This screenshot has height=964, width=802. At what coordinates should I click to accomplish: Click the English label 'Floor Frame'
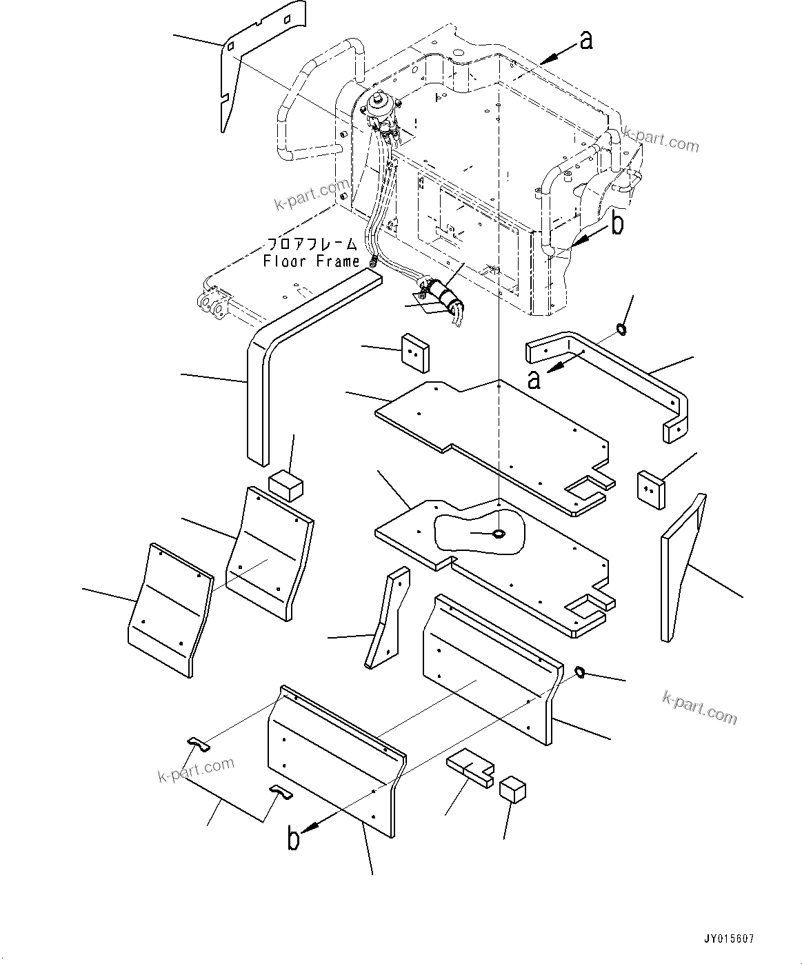pos(312,261)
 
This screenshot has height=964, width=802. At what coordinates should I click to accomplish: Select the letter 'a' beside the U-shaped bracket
pos(533,379)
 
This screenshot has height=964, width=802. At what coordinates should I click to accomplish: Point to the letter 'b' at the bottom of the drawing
pos(294,839)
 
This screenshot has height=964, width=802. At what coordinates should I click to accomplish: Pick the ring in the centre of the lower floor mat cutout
pos(498,533)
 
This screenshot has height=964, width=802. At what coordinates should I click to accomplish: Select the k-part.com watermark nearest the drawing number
pos(699,707)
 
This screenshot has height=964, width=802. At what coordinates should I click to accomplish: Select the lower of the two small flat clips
pos(280,792)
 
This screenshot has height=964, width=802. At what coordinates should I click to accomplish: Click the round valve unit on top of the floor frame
pos(378,106)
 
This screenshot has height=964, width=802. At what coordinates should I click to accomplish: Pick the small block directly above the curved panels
pos(285,485)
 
